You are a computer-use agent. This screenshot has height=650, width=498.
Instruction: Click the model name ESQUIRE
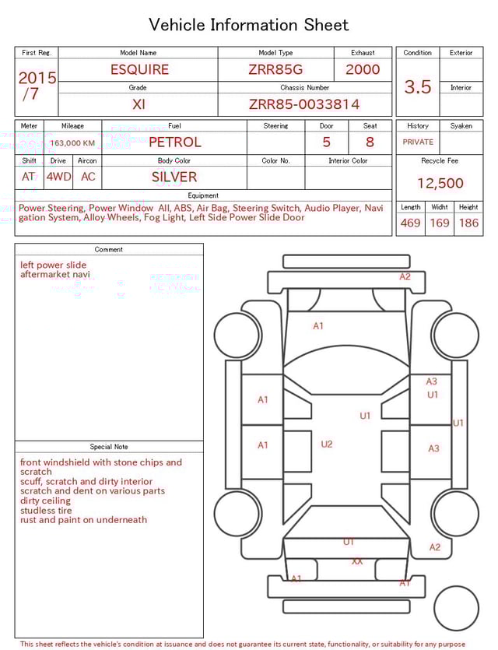pos(139,69)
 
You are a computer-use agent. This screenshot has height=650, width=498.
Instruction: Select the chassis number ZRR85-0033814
pos(304,104)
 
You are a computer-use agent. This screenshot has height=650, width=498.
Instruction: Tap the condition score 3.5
pos(418,87)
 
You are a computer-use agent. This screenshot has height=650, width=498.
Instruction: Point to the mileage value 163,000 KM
pos(72,143)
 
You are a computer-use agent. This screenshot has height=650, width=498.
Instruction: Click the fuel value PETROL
pos(174,142)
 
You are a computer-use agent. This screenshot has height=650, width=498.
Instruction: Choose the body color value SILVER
pos(174,177)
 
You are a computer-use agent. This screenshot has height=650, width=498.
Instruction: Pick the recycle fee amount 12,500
pos(440,184)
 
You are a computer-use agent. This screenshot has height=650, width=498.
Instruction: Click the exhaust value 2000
pos(363,69)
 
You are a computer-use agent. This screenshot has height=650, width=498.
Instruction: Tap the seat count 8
pos(370,142)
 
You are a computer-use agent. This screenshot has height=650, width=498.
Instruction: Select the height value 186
pos(468,223)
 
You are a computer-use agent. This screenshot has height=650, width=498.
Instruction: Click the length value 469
pos(410,223)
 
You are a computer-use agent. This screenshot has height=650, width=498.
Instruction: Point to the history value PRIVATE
pos(418,142)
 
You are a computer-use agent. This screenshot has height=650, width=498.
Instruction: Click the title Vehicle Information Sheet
pos(249,25)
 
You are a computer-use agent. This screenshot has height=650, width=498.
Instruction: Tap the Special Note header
pos(109,447)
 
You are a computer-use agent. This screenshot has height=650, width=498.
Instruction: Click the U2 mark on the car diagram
pos(327,444)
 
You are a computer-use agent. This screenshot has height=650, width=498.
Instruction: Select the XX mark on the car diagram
pos(357,561)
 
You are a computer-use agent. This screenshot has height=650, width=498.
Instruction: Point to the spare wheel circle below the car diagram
pos(457,609)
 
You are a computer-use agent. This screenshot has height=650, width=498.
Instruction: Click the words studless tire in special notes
pos(46,511)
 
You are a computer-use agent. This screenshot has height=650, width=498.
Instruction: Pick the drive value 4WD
pos(58,177)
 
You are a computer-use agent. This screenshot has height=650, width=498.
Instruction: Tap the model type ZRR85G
pos(275,69)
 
